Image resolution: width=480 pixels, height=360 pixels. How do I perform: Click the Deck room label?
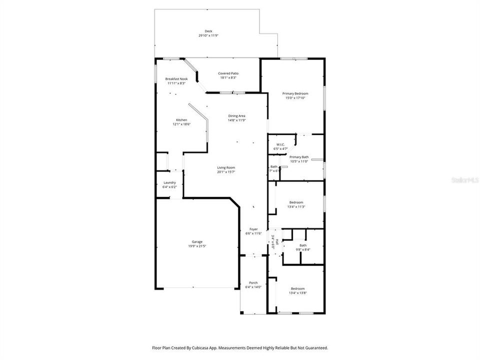(208, 31)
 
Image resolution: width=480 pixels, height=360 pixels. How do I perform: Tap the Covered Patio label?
(228, 73)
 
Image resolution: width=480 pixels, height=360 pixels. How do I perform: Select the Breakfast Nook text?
(176, 79)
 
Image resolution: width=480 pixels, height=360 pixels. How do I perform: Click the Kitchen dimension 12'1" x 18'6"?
(181, 124)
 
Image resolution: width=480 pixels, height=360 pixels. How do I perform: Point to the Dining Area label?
(236, 116)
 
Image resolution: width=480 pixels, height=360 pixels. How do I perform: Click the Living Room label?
(226, 167)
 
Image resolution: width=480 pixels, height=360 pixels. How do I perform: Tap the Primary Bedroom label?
(295, 93)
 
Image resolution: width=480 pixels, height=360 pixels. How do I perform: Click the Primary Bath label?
(299, 157)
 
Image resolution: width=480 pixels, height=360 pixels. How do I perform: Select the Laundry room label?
(169, 182)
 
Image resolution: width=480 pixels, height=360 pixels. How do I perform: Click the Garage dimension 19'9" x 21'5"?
(197, 246)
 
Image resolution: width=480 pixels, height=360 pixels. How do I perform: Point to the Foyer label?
(254, 229)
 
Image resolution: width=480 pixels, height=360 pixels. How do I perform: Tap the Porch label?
(253, 282)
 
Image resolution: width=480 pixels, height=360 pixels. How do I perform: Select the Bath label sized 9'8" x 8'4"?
(303, 245)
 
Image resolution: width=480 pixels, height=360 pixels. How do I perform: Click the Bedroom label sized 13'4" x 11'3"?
(296, 202)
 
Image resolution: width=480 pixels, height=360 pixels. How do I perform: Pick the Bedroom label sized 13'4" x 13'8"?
(297, 288)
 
